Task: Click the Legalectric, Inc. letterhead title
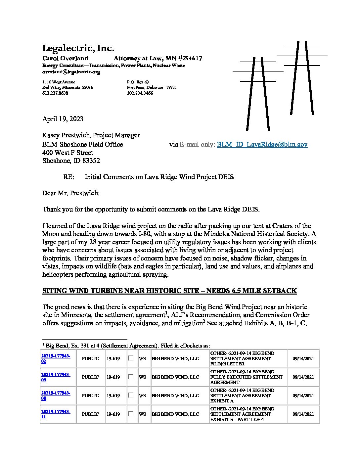click(78, 48)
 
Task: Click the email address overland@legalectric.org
click(71, 72)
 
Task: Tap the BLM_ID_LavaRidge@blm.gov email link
click(262, 145)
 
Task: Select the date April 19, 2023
click(63, 119)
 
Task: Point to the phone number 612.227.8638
click(55, 93)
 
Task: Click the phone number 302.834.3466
click(140, 93)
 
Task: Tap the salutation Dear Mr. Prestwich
click(71, 193)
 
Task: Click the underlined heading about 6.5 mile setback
click(169, 291)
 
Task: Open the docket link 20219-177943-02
click(55, 359)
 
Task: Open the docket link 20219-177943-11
click(55, 414)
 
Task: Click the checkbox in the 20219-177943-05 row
click(131, 377)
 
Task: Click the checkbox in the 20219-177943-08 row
click(131, 395)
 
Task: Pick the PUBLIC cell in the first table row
click(90, 359)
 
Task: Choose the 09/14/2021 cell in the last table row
click(303, 414)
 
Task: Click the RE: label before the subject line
click(69, 177)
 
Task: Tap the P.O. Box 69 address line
click(138, 82)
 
